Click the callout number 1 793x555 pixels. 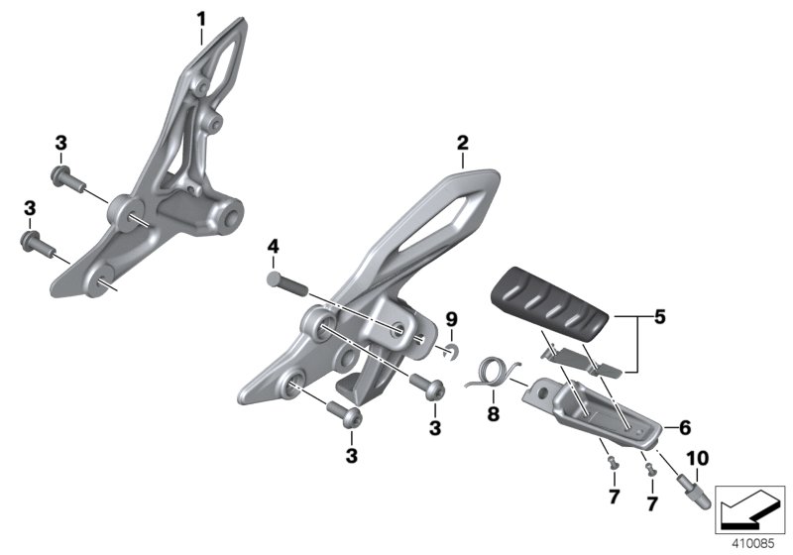(x=201, y=20)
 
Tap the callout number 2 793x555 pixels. (x=463, y=143)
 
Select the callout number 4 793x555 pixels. (x=274, y=247)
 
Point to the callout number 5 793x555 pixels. (x=659, y=317)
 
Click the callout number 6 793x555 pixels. (x=685, y=428)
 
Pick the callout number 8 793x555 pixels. (x=493, y=414)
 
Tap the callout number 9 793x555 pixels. (x=451, y=319)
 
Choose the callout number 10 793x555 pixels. (x=698, y=459)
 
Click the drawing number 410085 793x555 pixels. (x=753, y=544)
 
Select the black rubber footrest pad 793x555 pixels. (x=551, y=300)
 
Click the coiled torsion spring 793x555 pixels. (x=492, y=375)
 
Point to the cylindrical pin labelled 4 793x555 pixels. (x=286, y=283)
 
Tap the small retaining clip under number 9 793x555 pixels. (x=450, y=350)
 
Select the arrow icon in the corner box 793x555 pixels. (x=749, y=509)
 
